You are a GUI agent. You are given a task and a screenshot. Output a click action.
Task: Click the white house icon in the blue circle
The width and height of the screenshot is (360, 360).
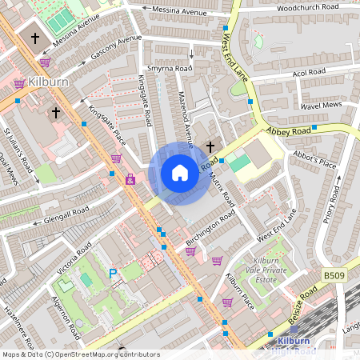tap(180, 173)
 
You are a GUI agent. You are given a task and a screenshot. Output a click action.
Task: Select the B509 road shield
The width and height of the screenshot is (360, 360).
tap(335, 275)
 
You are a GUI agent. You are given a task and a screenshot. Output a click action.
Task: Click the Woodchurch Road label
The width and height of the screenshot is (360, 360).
tap(307, 7)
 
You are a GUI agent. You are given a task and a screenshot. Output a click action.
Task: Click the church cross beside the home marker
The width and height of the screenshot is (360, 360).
tap(210, 146)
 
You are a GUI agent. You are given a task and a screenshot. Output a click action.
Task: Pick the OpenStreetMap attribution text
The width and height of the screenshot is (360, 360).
tap(80, 354)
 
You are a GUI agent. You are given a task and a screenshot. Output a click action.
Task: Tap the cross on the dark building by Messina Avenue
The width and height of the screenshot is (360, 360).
tap(35, 37)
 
